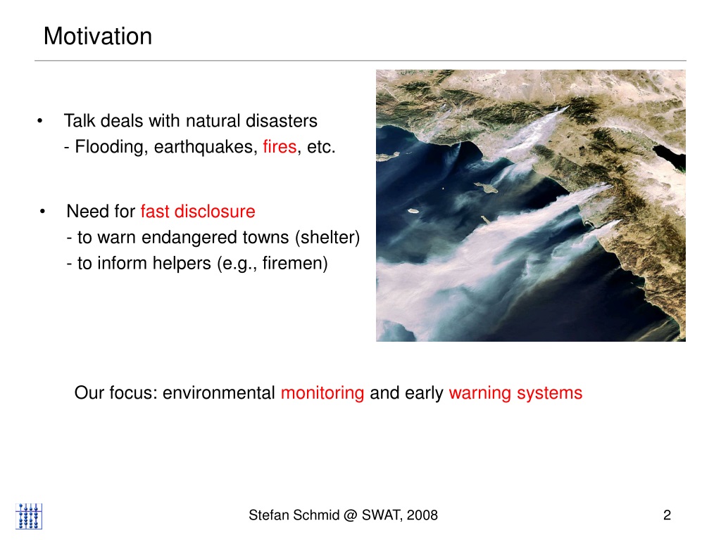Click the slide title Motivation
click(x=97, y=37)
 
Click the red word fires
click(x=280, y=147)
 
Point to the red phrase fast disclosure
click(x=198, y=212)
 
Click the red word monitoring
click(x=322, y=394)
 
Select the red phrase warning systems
click(x=515, y=394)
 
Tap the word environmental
click(x=218, y=393)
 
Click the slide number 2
click(x=667, y=515)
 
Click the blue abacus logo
click(x=29, y=516)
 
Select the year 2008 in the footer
click(x=422, y=515)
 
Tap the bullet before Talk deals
click(x=40, y=121)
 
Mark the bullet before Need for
click(x=42, y=212)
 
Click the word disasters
click(x=282, y=121)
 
